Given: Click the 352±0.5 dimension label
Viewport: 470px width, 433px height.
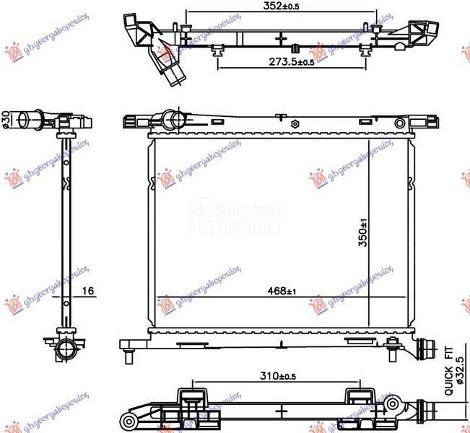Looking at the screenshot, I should (281, 6).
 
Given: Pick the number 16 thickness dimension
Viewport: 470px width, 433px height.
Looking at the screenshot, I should (87, 292).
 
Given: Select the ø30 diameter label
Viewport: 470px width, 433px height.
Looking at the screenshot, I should (6, 117).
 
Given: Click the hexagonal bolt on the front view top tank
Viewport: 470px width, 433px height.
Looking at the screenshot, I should (295, 124).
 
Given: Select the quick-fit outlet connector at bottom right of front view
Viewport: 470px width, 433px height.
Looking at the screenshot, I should (426, 348).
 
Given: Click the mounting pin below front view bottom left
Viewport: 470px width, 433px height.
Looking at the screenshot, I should (128, 356).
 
